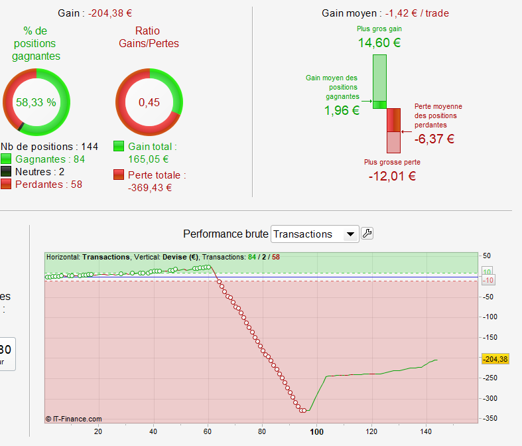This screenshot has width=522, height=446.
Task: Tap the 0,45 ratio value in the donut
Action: click(149, 102)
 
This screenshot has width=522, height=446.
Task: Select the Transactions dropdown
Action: click(314, 234)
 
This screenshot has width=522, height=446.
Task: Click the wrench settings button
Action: click(367, 234)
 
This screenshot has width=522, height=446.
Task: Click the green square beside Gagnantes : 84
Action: click(6, 159)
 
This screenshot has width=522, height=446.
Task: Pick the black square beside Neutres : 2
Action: click(6, 172)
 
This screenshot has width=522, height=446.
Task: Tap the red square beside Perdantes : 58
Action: click(6, 185)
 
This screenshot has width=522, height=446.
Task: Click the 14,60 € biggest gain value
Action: click(379, 43)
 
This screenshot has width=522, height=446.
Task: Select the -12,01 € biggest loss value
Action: click(391, 176)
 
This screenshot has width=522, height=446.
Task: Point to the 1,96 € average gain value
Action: click(342, 111)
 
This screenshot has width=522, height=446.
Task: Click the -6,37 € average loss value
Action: click(434, 139)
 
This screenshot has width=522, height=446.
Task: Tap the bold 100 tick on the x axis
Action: click(316, 431)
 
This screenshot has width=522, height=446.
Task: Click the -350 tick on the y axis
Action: click(491, 419)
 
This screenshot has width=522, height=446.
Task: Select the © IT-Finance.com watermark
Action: click(74, 419)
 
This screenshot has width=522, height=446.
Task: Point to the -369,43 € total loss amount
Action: click(150, 188)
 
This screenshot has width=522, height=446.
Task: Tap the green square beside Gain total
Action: click(119, 146)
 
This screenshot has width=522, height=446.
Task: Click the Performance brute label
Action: click(226, 234)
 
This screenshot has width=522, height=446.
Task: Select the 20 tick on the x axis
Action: click(98, 431)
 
